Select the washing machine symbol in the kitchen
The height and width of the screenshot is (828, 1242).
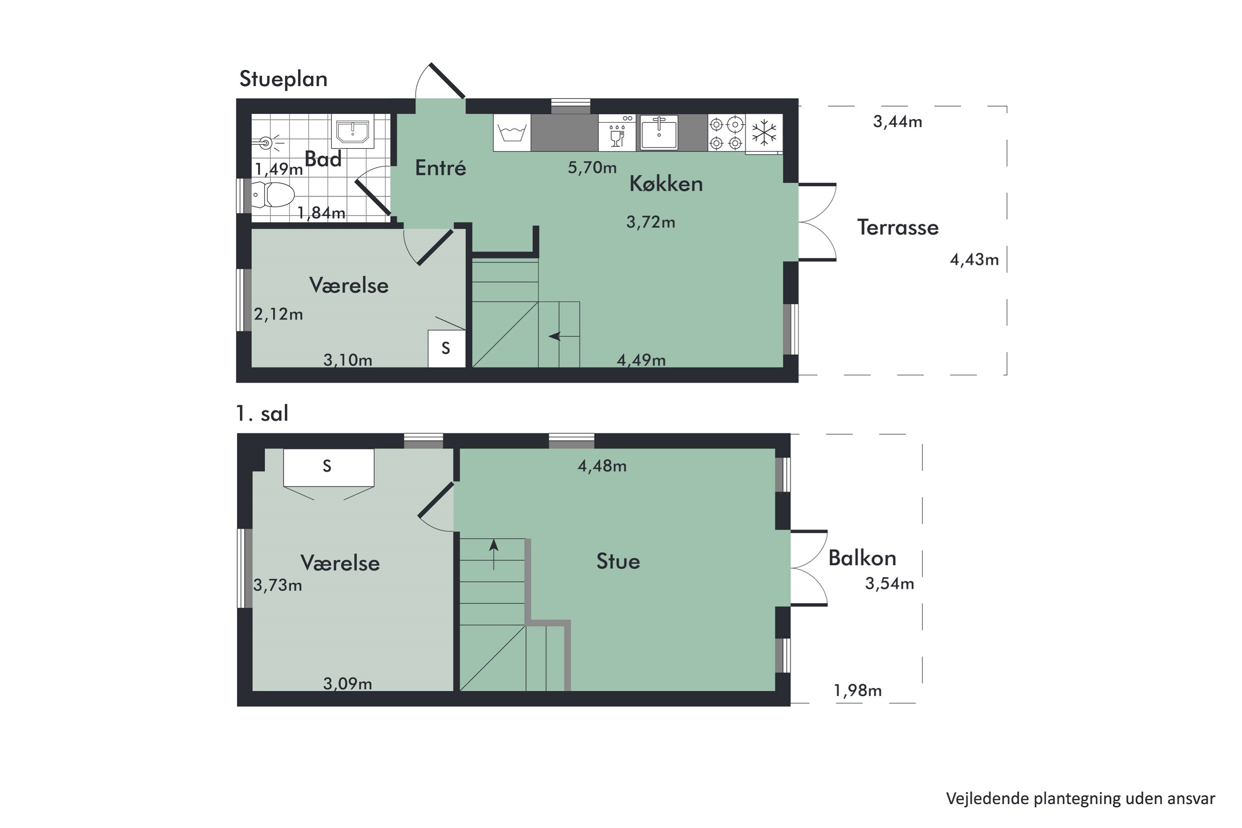tap(512, 132)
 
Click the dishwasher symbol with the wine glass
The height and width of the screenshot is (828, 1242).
tap(617, 133)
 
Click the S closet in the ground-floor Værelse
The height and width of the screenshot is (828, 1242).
tap(446, 349)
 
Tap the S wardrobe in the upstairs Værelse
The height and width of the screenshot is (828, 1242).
tap(328, 467)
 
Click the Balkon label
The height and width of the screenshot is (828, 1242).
tap(862, 558)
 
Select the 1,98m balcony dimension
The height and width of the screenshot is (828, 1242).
tap(857, 691)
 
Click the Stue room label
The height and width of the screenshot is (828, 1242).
tap(618, 561)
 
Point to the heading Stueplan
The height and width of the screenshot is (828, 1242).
tap(284, 79)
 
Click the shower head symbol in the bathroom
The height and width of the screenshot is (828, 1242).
tap(267, 142)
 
